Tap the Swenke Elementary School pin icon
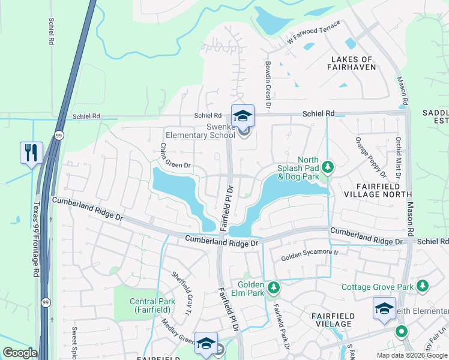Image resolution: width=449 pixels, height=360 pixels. tap(243, 116)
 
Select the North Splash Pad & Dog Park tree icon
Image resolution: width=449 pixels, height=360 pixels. tap(328, 166)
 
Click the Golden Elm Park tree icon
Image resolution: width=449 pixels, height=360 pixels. tap(274, 288)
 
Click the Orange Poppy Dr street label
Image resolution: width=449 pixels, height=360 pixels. tap(371, 158)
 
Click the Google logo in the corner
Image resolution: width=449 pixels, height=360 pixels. tap(20, 353)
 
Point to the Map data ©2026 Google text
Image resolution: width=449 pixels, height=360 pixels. tap(411, 355)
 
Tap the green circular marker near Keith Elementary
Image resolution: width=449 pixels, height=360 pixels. tap(401, 331)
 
